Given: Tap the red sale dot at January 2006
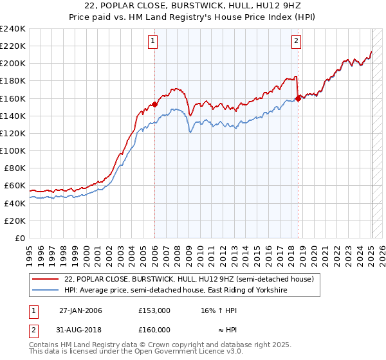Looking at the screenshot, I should (x=154, y=104).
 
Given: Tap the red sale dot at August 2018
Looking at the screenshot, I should (x=299, y=98).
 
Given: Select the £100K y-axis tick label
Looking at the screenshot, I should (x=12, y=150).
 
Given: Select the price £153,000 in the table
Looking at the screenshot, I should (x=154, y=310).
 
